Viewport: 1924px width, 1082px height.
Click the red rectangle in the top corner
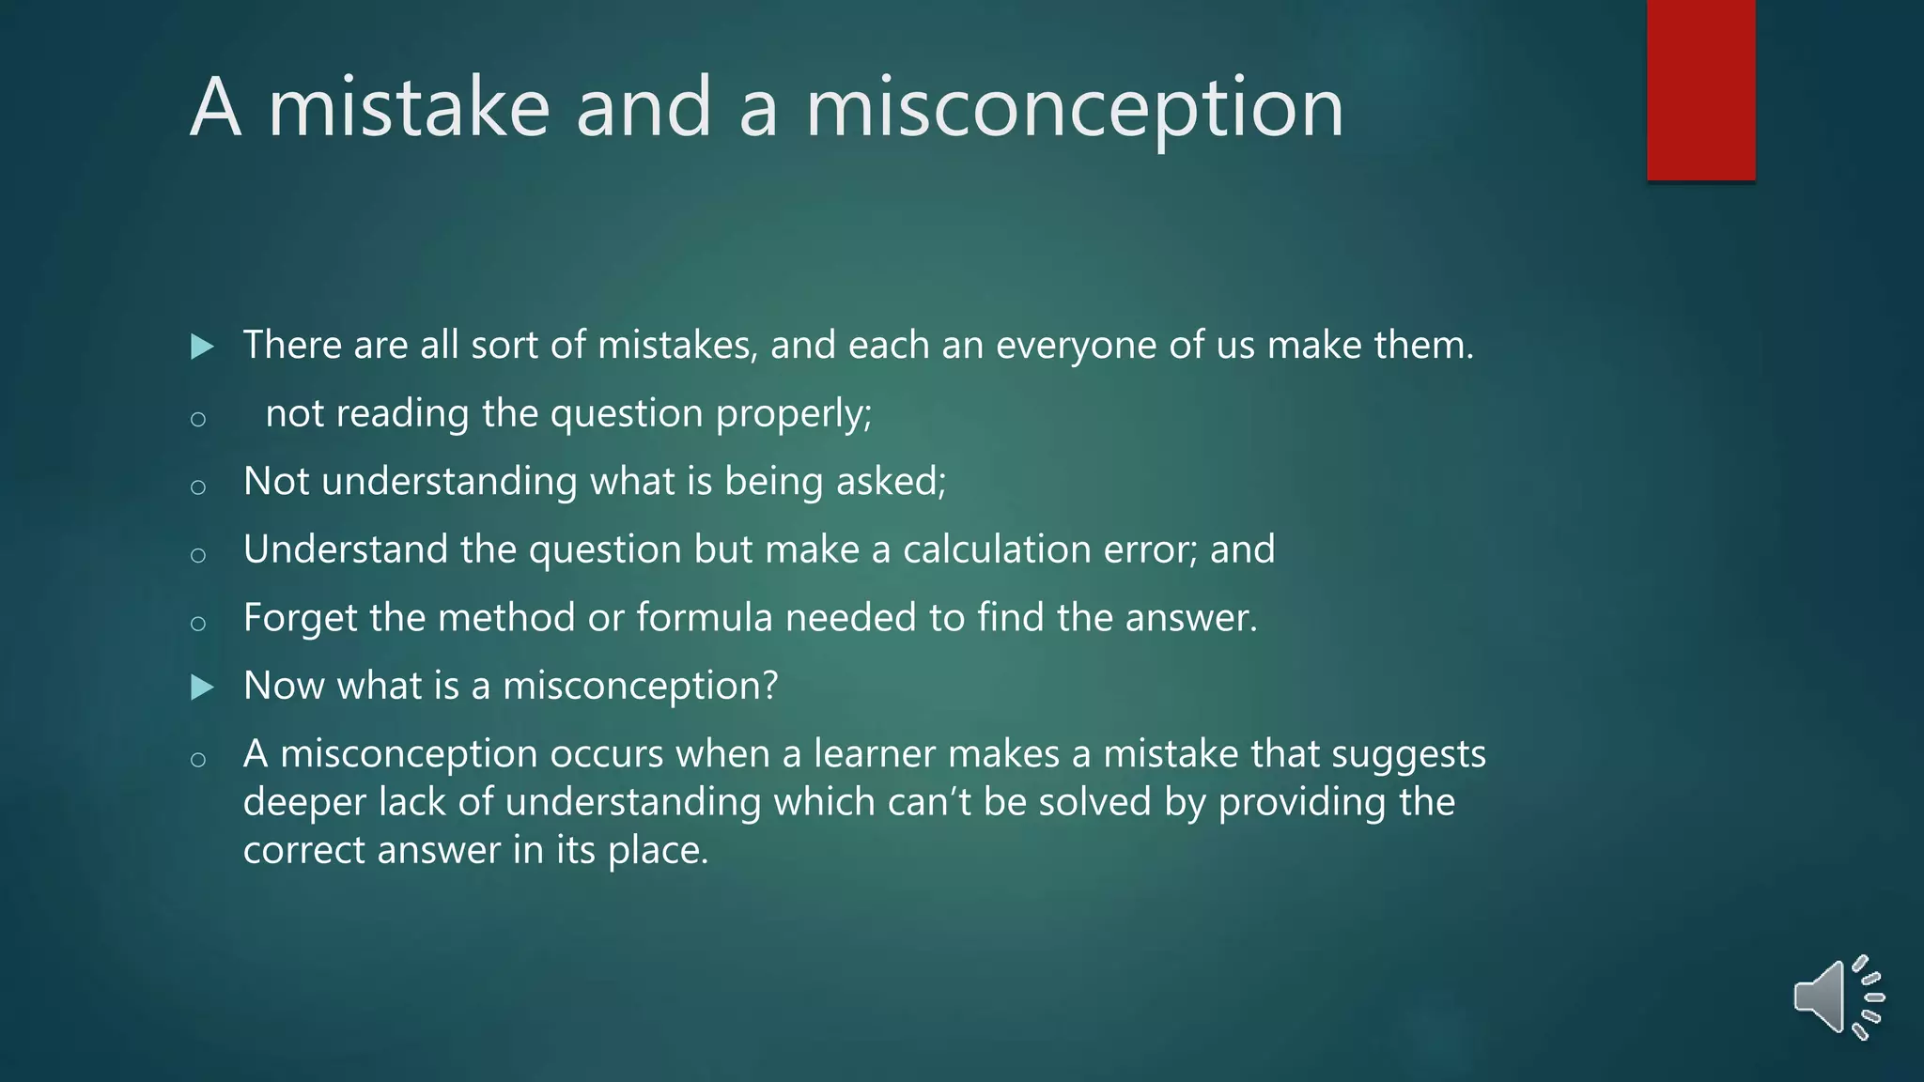[1700, 89]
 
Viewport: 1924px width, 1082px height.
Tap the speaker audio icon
[1837, 997]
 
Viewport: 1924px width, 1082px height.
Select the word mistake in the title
[409, 107]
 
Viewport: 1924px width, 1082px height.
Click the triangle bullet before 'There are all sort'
[201, 347]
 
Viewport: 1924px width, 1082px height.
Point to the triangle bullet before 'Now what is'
[201, 688]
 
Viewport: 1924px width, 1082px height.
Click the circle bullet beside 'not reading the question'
[197, 419]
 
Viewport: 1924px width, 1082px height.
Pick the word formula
[705, 618]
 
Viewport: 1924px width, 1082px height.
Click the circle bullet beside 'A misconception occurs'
[197, 759]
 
